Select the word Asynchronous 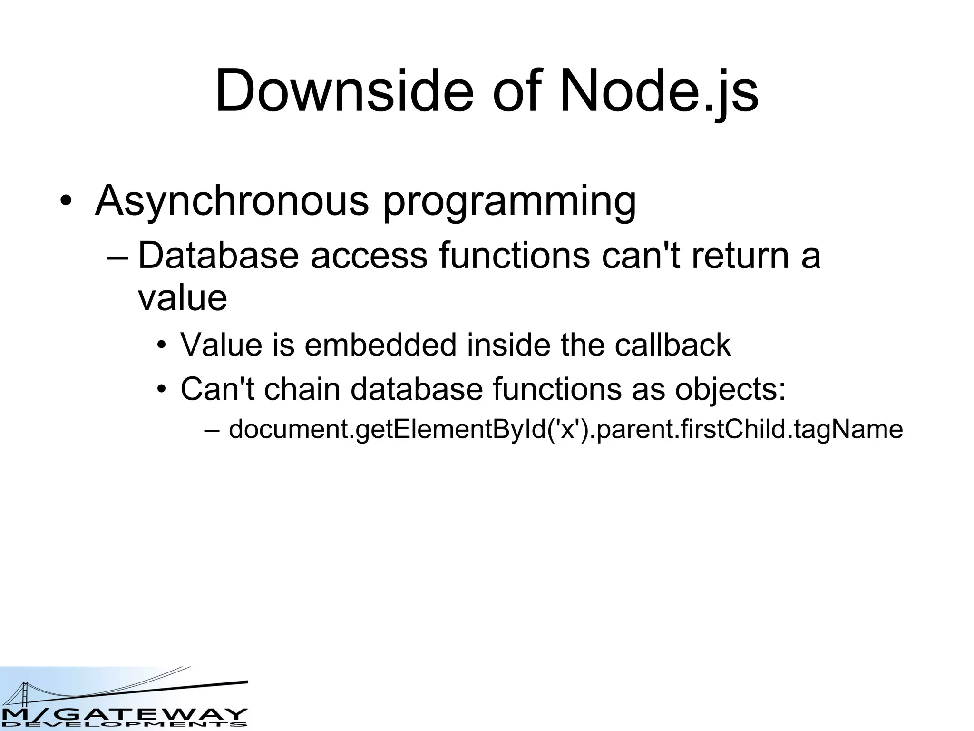point(232,200)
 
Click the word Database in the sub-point point(218,255)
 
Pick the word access point(369,256)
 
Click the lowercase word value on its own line point(183,298)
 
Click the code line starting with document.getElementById point(565,429)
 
